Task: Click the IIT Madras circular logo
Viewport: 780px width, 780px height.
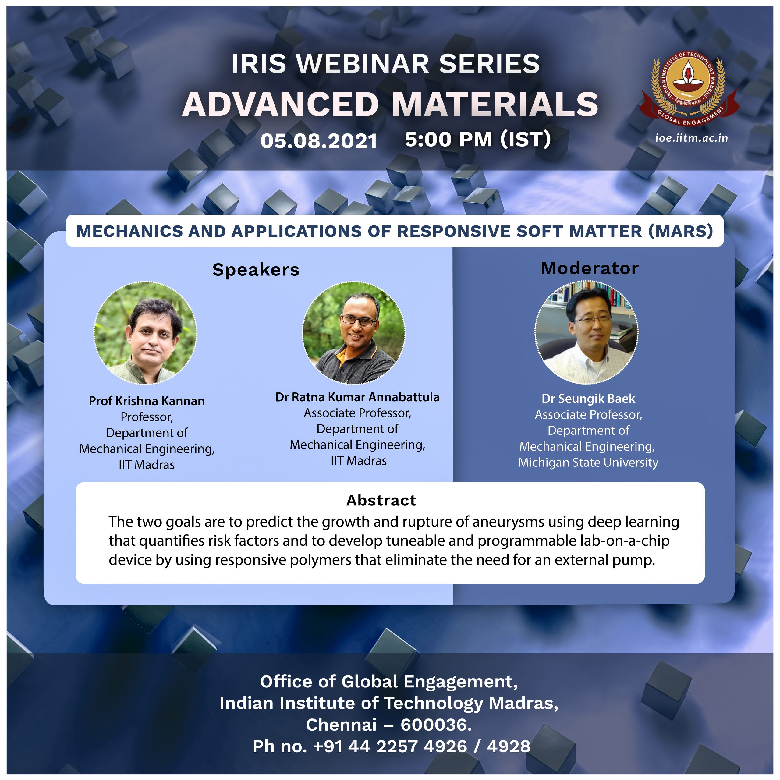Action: point(689,87)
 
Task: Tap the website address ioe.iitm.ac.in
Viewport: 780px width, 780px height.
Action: point(692,138)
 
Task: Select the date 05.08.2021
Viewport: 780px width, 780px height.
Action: point(319,141)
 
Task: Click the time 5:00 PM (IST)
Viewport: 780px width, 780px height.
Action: point(478,139)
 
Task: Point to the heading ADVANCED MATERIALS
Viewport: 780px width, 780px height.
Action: point(390,104)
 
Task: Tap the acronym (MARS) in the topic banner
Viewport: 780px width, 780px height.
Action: point(681,231)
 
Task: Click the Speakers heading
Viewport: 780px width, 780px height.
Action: point(256,270)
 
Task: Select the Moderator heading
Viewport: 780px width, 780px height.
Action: point(590,268)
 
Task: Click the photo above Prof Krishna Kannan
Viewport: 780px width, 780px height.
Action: point(145,333)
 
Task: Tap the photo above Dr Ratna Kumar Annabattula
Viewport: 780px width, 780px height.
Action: point(354,333)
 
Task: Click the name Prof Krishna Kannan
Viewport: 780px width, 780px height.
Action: point(147,401)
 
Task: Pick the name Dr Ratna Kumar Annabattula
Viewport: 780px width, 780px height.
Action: point(357,397)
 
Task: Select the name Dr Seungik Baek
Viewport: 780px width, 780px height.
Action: point(589,399)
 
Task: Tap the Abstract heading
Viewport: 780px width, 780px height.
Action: point(381,501)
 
